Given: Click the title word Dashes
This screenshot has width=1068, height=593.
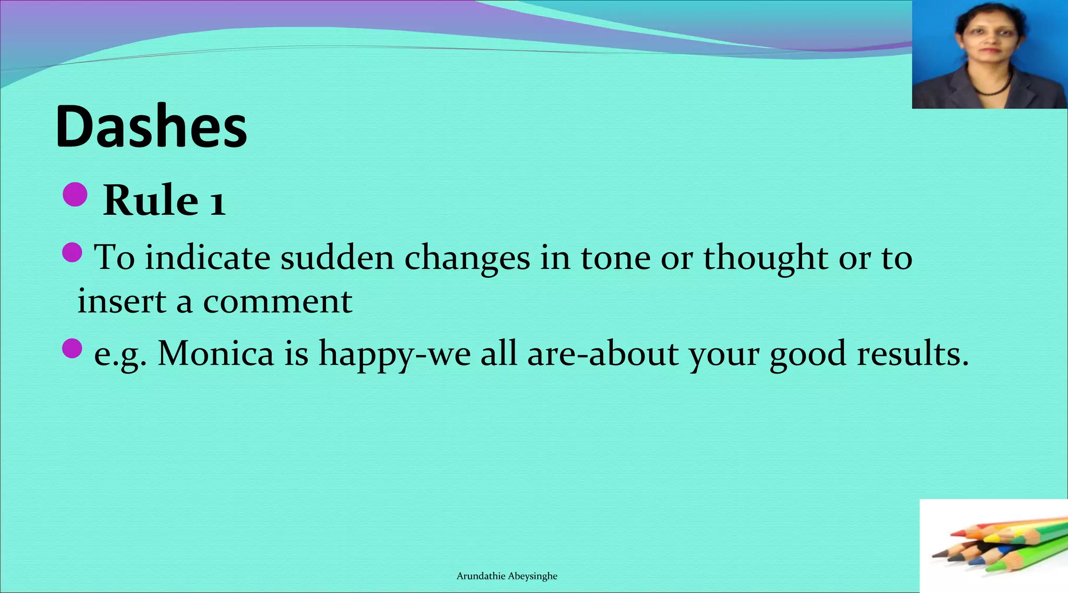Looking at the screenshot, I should (x=151, y=127).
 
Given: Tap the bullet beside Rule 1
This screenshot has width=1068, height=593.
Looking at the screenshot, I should (x=75, y=194).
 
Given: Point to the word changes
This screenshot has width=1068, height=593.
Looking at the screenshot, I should (x=467, y=258).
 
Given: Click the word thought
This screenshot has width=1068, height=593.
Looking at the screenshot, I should (x=766, y=258).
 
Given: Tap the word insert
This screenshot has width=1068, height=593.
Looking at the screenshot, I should (x=122, y=301).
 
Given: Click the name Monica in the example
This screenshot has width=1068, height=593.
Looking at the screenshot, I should (x=215, y=353).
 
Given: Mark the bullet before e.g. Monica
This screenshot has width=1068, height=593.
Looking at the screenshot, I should (x=72, y=349).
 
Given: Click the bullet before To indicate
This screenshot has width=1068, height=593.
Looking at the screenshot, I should (x=72, y=253).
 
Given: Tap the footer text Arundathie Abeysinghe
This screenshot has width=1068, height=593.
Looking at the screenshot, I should (x=507, y=576).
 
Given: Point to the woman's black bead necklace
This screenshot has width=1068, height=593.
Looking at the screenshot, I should (x=993, y=89).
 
